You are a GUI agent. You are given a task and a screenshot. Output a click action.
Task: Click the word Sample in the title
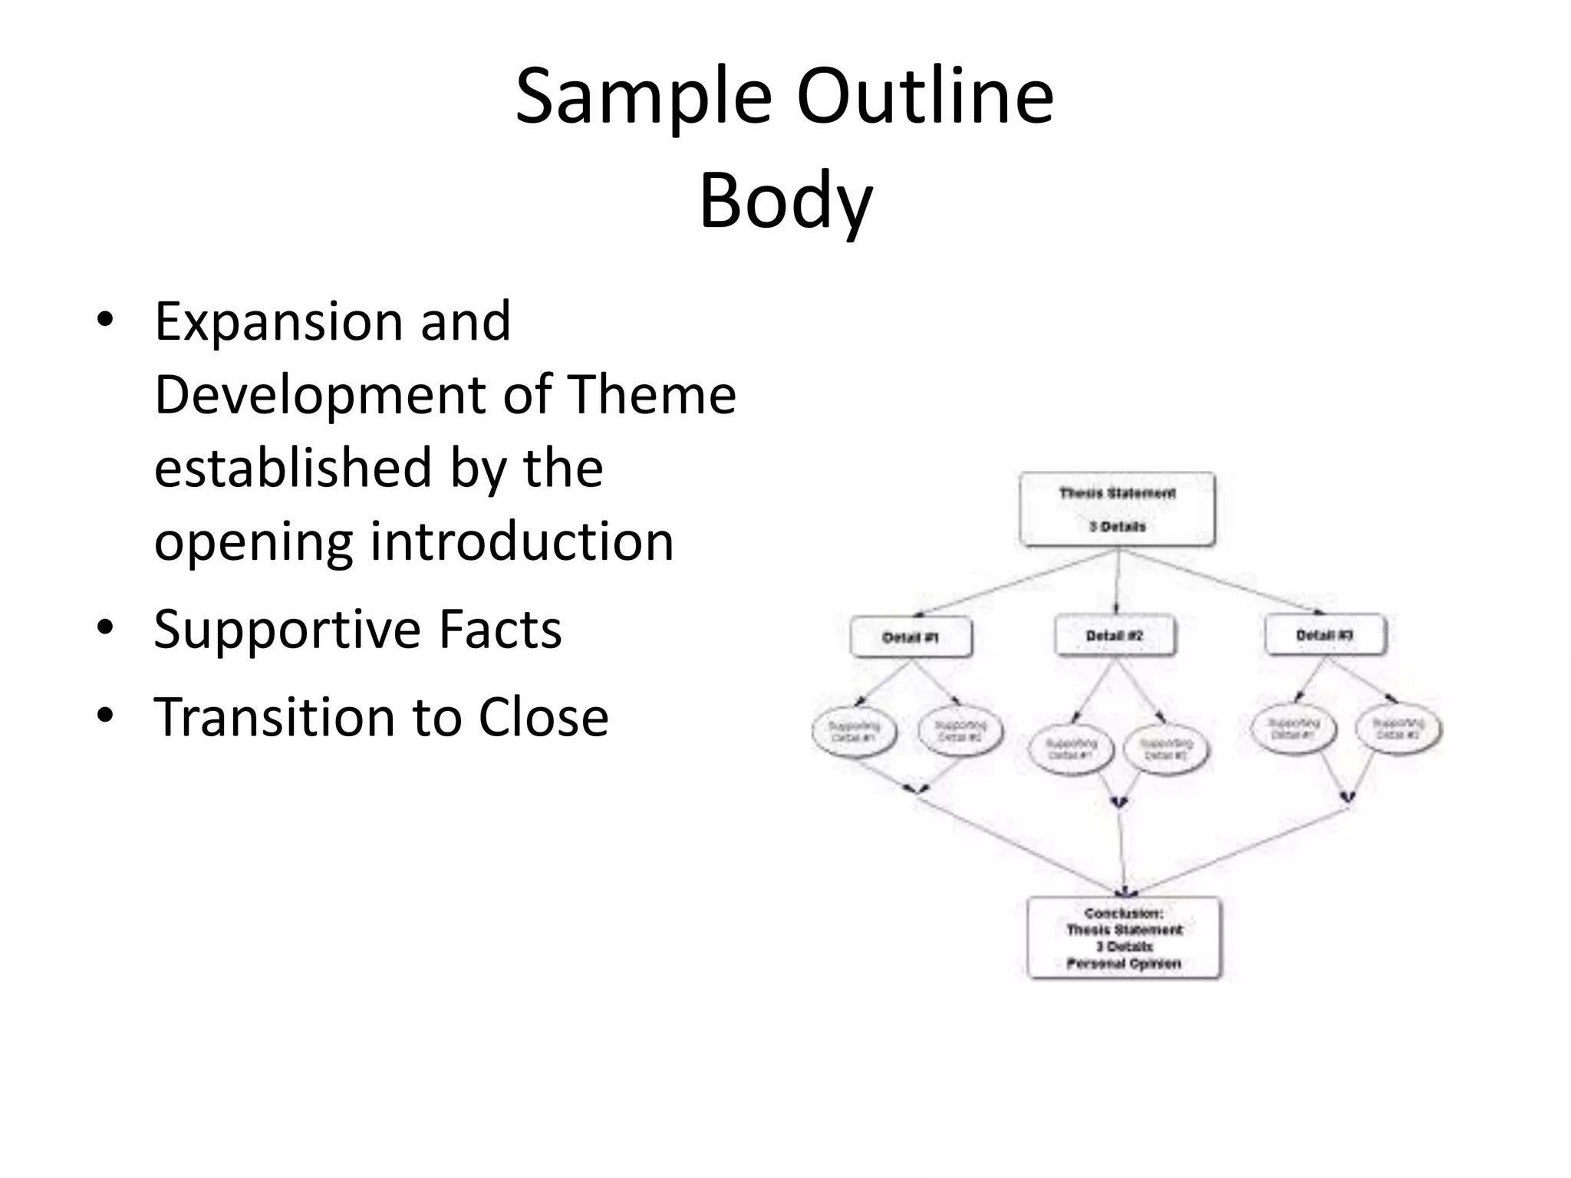[643, 98]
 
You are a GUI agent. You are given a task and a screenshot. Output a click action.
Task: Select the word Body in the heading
[785, 201]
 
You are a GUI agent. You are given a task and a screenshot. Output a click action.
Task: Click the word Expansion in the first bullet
[278, 321]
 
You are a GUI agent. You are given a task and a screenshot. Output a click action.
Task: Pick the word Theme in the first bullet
[651, 394]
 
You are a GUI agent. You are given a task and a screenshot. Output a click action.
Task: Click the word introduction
[522, 541]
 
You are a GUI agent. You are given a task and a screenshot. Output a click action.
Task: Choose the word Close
[543, 718]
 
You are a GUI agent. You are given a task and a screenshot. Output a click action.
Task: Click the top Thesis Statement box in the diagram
[1117, 509]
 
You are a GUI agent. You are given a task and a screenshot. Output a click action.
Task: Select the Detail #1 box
[911, 637]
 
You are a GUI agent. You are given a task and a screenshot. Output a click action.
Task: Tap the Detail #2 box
[1115, 636]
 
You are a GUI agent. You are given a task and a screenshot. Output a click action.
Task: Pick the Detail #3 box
[1325, 635]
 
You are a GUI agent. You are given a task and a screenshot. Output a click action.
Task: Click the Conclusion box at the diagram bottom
[1124, 938]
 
